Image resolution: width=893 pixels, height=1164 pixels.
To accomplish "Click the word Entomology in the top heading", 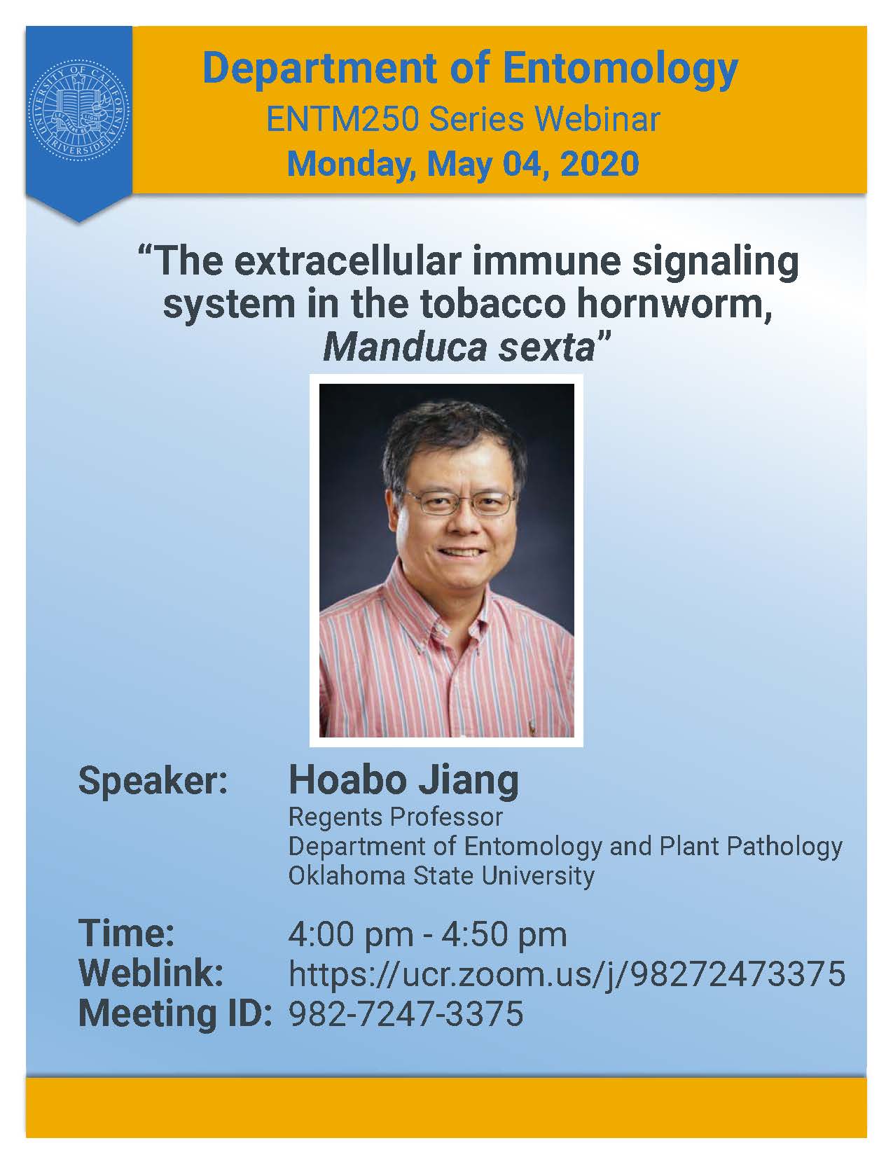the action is [621, 70].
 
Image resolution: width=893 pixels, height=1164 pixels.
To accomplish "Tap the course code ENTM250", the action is [342, 120].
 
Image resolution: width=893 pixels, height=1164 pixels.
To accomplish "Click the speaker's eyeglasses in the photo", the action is [459, 502].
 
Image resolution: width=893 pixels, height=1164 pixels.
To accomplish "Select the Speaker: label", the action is [153, 782].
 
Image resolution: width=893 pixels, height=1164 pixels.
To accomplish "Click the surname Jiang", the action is [468, 782].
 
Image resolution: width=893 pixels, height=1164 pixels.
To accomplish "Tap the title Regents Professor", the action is [395, 817].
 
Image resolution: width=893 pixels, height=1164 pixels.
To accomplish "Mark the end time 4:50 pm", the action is [504, 935].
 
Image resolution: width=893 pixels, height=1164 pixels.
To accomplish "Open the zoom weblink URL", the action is [567, 974].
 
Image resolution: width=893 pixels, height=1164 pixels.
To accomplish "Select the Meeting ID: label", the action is [175, 1013].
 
